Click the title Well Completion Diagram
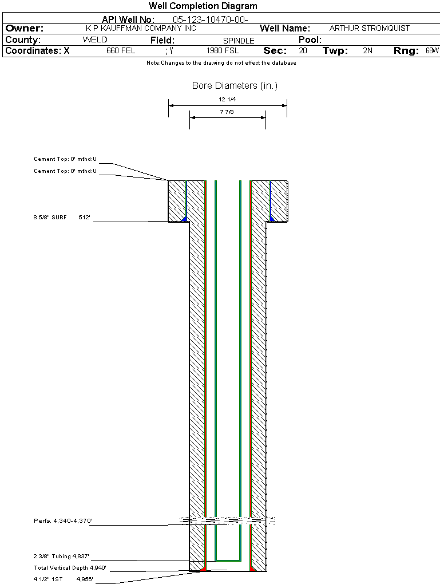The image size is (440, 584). point(203,6)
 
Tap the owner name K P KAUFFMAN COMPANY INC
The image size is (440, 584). point(140,28)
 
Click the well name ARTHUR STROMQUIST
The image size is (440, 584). point(370,28)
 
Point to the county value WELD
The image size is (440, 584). point(95,40)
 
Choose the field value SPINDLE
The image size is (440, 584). point(239,41)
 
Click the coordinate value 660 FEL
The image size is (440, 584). point(121,51)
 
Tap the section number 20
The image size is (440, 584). point(303,51)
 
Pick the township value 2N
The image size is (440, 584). point(367,51)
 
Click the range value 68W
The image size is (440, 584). point(432,51)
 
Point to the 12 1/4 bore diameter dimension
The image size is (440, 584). point(227,100)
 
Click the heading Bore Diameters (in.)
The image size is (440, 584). point(235,86)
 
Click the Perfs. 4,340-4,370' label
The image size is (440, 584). point(63,521)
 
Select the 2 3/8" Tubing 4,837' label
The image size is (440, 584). point(61,557)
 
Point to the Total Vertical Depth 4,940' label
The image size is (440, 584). point(70,568)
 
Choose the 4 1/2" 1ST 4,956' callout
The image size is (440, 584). point(63,579)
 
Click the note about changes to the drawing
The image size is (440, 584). point(221,63)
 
